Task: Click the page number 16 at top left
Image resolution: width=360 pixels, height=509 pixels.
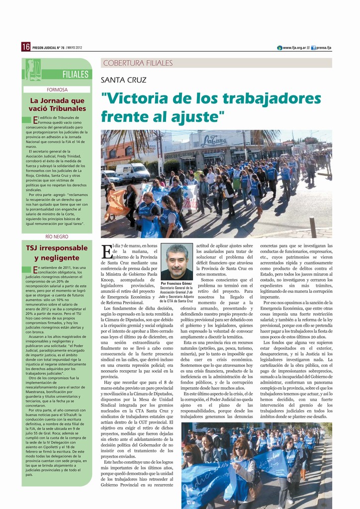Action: coord(26,47)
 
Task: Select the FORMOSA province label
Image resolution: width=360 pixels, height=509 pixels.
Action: coord(57,90)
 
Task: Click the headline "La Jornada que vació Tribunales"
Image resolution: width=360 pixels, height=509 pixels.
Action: coord(57,104)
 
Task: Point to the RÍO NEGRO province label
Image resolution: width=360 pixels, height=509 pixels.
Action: coord(57,237)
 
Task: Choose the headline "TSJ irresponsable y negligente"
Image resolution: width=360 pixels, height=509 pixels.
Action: coord(57,253)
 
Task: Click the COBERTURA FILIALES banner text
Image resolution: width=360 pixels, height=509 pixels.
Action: coord(138,63)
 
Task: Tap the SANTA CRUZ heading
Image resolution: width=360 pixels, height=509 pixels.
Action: coord(124,80)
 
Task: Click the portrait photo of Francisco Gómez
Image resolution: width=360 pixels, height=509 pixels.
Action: coord(177,261)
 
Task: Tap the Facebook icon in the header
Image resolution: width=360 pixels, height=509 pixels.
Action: coord(313,47)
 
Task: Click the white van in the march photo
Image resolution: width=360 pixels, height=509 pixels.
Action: coord(132,172)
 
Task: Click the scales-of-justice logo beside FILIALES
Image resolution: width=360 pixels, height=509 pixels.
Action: coord(34,70)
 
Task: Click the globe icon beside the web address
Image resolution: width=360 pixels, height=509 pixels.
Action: coord(279,47)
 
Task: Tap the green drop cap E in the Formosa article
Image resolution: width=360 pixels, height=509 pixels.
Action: coord(35,120)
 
